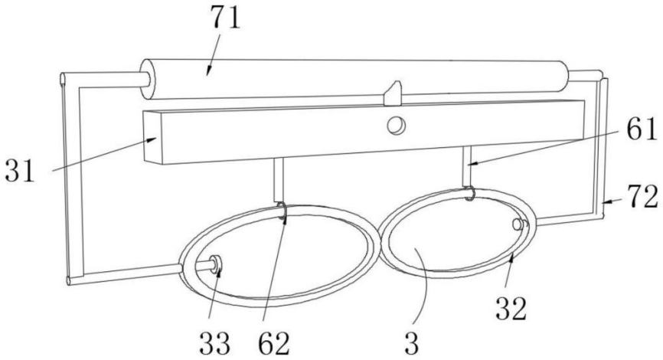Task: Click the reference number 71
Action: tap(221, 21)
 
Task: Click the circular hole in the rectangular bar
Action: tap(396, 125)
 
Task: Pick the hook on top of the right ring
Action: tap(469, 195)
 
